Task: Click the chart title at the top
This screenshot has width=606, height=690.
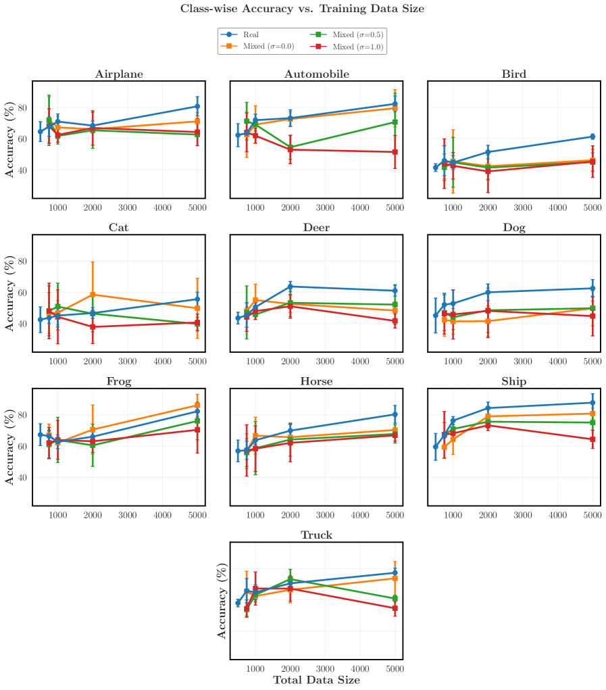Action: point(302,9)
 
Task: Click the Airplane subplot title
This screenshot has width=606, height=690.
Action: point(119,74)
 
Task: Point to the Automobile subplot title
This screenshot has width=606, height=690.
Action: point(317,74)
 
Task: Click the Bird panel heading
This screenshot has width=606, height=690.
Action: point(514,74)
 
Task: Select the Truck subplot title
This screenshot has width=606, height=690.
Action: point(317,535)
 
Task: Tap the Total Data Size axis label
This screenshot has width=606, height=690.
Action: point(317,680)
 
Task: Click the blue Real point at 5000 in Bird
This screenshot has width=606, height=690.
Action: point(592,137)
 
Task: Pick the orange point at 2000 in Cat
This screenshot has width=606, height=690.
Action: point(93,295)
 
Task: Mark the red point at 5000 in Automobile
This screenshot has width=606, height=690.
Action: point(395,152)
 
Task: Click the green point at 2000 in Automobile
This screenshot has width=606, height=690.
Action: point(291,147)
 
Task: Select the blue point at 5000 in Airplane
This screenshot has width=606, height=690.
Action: point(197,106)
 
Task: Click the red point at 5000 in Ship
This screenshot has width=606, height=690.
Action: point(592,439)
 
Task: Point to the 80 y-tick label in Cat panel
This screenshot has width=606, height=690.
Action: point(22,262)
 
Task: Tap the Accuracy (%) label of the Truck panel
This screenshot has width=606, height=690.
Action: point(222,601)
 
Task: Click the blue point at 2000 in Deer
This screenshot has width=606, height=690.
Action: point(291,287)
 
